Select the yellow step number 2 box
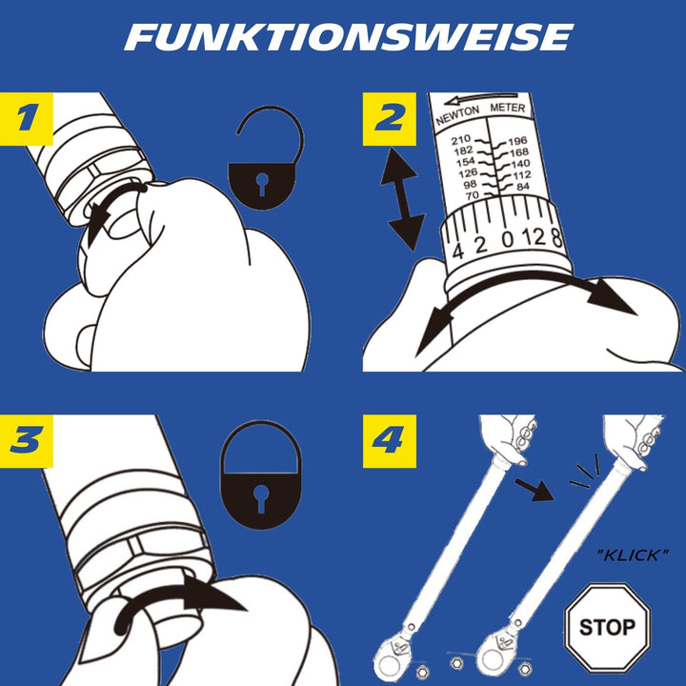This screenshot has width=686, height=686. click(x=388, y=119)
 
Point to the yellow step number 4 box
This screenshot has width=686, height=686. click(x=388, y=441)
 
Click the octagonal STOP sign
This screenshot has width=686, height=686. click(x=606, y=626)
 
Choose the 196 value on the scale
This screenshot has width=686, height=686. click(x=518, y=141)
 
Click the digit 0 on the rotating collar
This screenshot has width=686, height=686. click(x=509, y=238)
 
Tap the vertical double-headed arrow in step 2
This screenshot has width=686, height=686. click(x=402, y=201)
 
